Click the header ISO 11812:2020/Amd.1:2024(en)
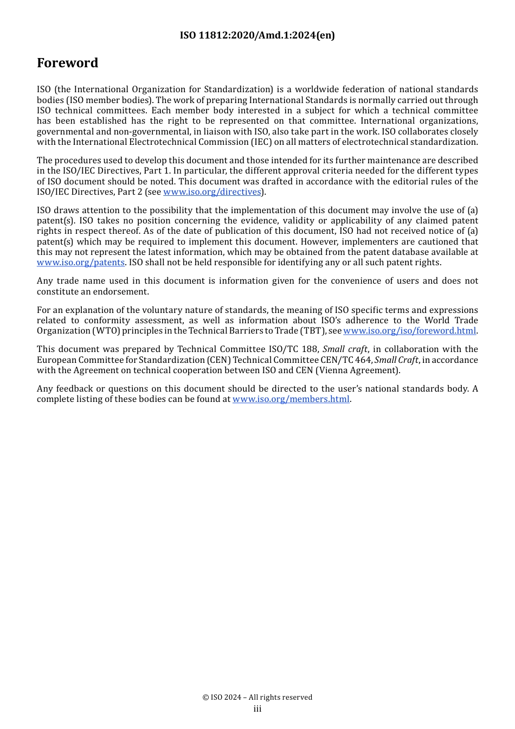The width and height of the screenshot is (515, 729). [257, 35]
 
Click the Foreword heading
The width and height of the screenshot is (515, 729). [67, 63]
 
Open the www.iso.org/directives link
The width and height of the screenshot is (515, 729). [212, 191]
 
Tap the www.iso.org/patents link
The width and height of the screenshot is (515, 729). [81, 263]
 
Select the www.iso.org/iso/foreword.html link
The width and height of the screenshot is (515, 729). [409, 331]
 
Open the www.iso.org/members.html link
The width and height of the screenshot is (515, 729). [291, 399]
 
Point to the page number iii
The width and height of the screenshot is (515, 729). [257, 709]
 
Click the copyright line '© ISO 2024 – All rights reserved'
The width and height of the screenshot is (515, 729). [257, 697]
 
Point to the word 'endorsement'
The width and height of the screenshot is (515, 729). [122, 292]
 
